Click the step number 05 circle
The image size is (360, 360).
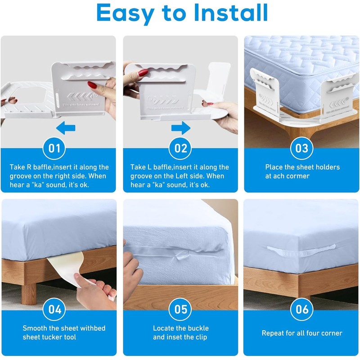pyautogui.click(x=180, y=310)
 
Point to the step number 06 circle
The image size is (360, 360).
pyautogui.click(x=301, y=310)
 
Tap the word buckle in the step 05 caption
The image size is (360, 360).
pyautogui.click(x=197, y=328)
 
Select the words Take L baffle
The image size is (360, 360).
pyautogui.click(x=153, y=167)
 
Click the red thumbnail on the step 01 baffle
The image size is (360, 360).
pyautogui.click(x=92, y=84)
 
